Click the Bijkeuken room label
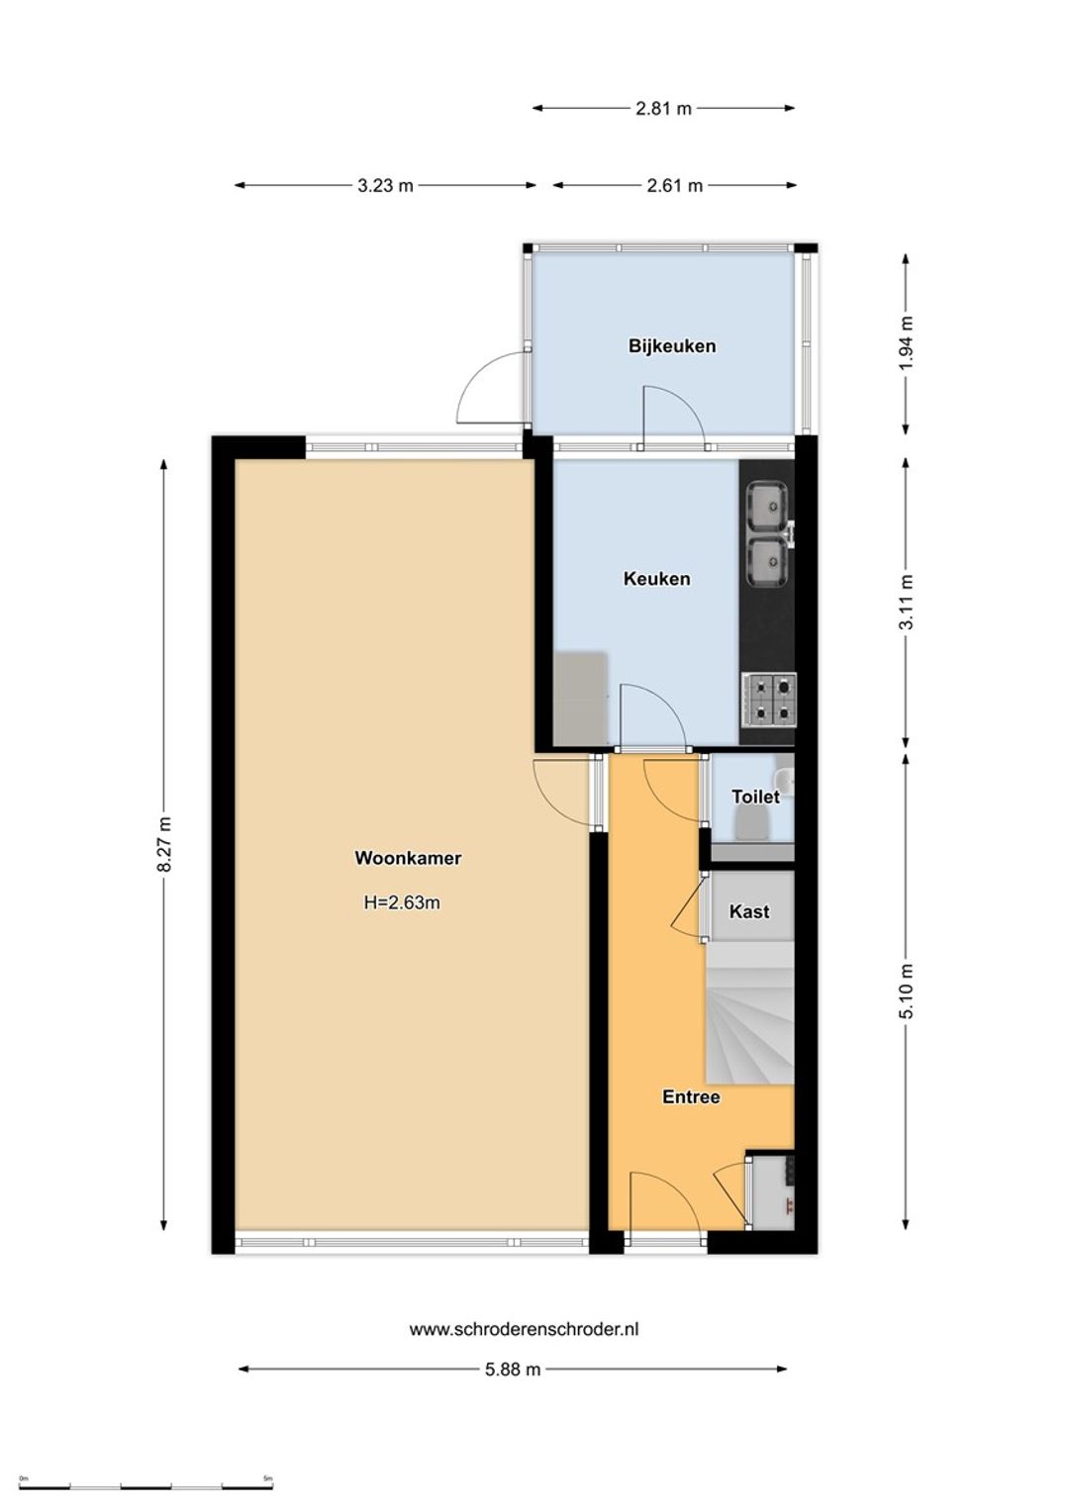(x=671, y=346)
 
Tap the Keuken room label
(x=656, y=579)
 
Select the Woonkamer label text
(x=408, y=858)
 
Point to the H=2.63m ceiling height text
(x=402, y=902)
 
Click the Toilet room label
(x=755, y=797)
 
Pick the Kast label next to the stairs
(x=749, y=911)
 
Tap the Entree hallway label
(x=691, y=1096)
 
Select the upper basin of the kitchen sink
(x=766, y=506)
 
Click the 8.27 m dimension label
(x=164, y=844)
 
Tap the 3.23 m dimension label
(x=385, y=186)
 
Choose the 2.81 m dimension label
(x=663, y=108)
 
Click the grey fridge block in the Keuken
(x=580, y=699)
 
